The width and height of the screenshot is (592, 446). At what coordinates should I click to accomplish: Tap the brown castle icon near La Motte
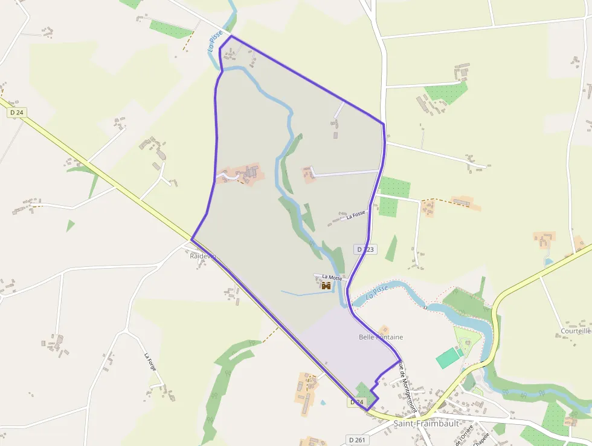326,285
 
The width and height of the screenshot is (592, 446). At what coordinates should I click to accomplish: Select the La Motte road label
332,278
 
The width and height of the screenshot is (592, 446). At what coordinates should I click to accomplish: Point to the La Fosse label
356,215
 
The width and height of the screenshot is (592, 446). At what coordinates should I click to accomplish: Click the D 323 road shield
365,249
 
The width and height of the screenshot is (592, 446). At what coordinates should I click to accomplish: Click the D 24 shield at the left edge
16,113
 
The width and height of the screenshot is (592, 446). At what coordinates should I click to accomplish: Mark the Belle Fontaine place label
381,337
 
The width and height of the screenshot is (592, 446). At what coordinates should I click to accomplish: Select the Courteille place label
576,331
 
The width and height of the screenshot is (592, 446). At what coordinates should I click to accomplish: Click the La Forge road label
150,362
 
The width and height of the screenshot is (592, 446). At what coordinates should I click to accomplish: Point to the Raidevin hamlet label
203,256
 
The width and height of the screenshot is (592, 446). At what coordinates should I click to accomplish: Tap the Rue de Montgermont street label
408,388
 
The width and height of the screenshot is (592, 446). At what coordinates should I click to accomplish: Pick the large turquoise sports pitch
448,358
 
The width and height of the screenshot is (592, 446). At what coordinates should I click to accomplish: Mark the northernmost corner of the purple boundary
231,36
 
